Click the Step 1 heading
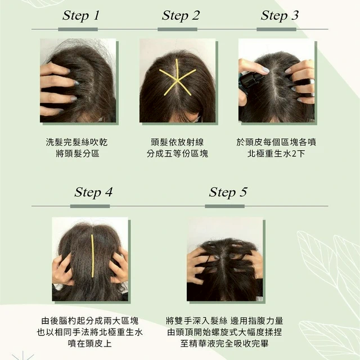(x=81, y=16)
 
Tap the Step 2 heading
(x=181, y=16)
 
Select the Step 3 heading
(x=280, y=16)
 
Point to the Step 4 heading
(x=93, y=192)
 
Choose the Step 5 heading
(x=228, y=192)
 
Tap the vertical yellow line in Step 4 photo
(x=92, y=256)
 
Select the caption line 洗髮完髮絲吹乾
(x=76, y=142)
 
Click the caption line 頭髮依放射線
(x=177, y=142)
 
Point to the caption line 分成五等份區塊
(x=177, y=154)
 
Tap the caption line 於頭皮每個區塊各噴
(x=276, y=142)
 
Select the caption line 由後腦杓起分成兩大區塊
(x=90, y=321)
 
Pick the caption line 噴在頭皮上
(x=90, y=344)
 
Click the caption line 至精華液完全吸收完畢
(x=224, y=344)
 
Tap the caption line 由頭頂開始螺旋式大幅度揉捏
(x=224, y=332)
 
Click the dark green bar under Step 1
(x=78, y=29)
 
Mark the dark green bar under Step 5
(x=225, y=206)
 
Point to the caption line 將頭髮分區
(x=78, y=154)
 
